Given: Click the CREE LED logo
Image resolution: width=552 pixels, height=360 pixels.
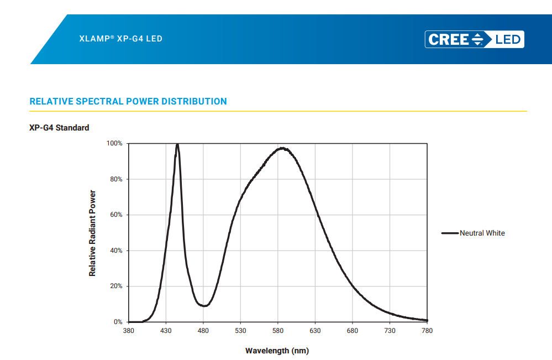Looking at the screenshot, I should click(474, 39).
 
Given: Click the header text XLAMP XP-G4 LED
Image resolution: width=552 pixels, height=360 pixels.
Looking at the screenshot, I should click(121, 39).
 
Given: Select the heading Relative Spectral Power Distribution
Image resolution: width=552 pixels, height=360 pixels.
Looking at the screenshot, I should click(128, 102).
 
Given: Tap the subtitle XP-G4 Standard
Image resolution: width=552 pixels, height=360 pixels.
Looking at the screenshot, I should click(59, 128).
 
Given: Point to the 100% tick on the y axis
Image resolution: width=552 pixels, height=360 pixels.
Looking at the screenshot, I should click(114, 144).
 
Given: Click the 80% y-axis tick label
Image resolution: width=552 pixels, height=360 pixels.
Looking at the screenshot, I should click(115, 179).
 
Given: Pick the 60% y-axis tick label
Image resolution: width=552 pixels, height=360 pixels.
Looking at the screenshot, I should click(115, 215).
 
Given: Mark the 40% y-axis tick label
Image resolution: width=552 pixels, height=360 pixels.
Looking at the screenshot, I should click(115, 251).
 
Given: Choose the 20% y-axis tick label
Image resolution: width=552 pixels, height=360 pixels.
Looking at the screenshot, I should click(115, 286).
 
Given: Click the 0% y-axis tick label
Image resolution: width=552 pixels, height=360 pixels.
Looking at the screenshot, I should click(118, 322).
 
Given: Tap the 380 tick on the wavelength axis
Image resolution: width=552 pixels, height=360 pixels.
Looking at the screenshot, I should click(128, 331).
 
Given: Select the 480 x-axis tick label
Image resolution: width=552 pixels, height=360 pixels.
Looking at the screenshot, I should click(203, 331).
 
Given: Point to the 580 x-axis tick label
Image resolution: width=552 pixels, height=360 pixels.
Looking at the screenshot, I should click(278, 331).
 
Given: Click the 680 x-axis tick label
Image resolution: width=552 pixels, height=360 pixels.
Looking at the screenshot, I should click(353, 331).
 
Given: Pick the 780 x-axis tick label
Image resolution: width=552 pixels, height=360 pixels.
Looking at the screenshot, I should click(427, 331).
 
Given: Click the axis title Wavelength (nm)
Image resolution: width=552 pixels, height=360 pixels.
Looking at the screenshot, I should click(277, 351).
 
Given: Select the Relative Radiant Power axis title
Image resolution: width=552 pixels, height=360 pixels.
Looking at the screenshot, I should click(92, 233).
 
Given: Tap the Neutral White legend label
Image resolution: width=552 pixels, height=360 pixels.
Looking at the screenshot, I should click(482, 233).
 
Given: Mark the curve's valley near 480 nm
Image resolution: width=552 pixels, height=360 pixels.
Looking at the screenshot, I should click(204, 305).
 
